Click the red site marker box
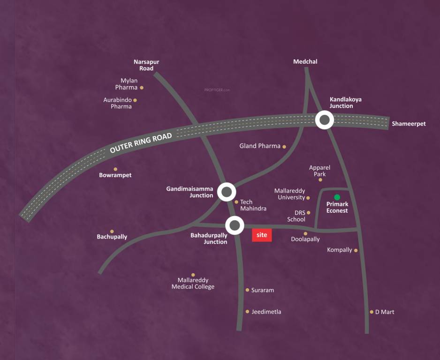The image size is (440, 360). point(262,235)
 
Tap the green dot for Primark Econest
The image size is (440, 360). point(337,197)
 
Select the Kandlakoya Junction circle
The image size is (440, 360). point(324,120)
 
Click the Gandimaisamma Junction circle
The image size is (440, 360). point(227,191)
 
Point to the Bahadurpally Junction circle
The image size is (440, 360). point(235,225)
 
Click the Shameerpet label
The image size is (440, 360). point(409,124)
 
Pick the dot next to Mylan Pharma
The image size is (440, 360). point(142,88)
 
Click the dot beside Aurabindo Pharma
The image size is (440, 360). point(135,100)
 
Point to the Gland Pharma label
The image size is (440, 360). point(260,146)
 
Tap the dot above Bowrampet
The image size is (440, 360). point(115,169)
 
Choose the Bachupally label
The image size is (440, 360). point(112,237)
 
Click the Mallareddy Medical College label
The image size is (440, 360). point(193,284)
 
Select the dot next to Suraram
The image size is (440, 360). point(247,290)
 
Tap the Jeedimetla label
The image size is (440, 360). point(266,312)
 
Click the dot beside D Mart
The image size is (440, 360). point(372,312)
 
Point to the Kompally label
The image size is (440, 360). point(340,250)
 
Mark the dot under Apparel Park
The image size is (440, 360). point(320,180)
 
